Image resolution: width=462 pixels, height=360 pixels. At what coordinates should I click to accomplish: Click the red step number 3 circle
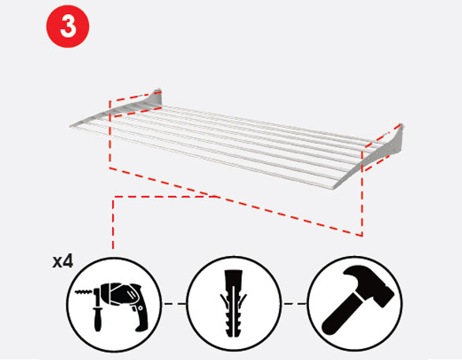point(68,26)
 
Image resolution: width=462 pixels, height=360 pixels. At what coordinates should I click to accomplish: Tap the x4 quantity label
point(62,262)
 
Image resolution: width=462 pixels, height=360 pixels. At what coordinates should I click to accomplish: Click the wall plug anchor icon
point(233,303)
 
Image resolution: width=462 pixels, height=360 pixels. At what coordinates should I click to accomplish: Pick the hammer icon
point(357,299)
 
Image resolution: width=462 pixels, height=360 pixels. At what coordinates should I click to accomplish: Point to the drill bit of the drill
point(84,292)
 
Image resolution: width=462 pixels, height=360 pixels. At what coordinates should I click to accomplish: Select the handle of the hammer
point(341,317)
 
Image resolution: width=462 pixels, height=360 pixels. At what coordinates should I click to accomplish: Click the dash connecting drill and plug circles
point(175,303)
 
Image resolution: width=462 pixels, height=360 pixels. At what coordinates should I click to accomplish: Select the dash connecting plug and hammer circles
point(295,303)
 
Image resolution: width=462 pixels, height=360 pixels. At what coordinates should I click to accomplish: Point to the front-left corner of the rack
point(71,126)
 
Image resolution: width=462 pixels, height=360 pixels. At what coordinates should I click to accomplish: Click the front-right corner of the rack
point(333,187)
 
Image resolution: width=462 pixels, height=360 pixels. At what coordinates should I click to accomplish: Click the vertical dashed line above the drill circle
point(114,223)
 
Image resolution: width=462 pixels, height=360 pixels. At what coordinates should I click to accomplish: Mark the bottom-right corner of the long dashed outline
point(362,236)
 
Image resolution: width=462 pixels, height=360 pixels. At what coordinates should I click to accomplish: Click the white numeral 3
point(68,26)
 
